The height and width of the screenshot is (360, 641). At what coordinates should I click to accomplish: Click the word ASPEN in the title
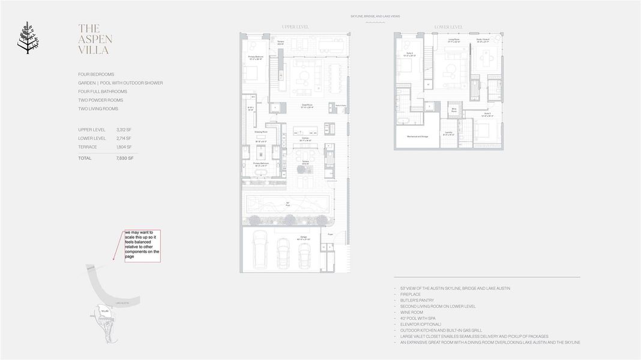coord(95,40)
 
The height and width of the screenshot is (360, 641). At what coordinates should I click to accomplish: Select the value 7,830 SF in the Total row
coord(125,158)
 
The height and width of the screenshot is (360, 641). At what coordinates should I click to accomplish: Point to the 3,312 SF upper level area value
coord(124,130)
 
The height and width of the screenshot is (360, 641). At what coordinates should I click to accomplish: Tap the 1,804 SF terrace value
coord(124,147)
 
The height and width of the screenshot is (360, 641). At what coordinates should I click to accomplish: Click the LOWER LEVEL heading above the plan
coord(448,27)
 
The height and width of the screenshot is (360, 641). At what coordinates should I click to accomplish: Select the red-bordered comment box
coord(142,245)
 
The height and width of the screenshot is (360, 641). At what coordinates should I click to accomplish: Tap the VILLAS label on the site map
coord(105,311)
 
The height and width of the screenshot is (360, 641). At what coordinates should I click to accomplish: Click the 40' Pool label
coord(287,203)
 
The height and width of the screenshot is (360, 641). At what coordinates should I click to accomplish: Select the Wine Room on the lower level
coord(454,110)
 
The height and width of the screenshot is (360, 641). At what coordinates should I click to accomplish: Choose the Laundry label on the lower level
coord(448,133)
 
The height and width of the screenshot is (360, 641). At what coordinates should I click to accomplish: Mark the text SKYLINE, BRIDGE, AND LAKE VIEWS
coord(375,17)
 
